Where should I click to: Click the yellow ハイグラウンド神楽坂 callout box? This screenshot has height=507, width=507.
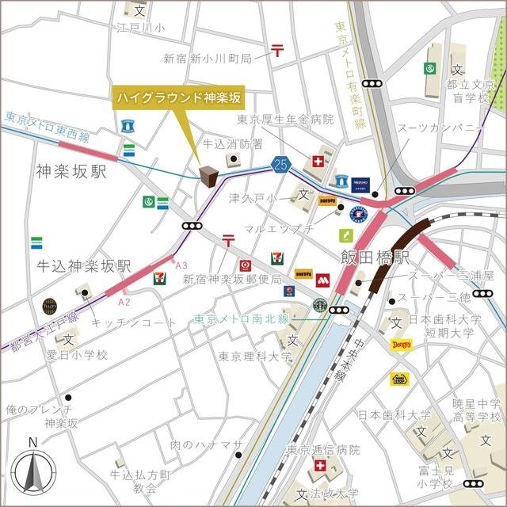(x=180, y=98)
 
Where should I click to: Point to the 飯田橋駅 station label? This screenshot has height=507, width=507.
(x=375, y=257)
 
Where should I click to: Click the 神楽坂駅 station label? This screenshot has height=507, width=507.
(x=71, y=171)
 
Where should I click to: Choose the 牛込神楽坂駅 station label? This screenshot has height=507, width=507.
(x=83, y=266)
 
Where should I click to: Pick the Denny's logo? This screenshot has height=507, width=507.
(x=401, y=345)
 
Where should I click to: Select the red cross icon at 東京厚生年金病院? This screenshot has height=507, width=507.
(x=318, y=162)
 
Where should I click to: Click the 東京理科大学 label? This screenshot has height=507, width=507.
(x=255, y=356)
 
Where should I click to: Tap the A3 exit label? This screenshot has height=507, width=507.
(x=181, y=265)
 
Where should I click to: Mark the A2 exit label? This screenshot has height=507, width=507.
(x=123, y=302)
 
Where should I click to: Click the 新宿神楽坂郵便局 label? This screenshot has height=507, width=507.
(x=232, y=280)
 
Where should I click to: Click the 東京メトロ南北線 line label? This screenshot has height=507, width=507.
(x=242, y=319)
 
